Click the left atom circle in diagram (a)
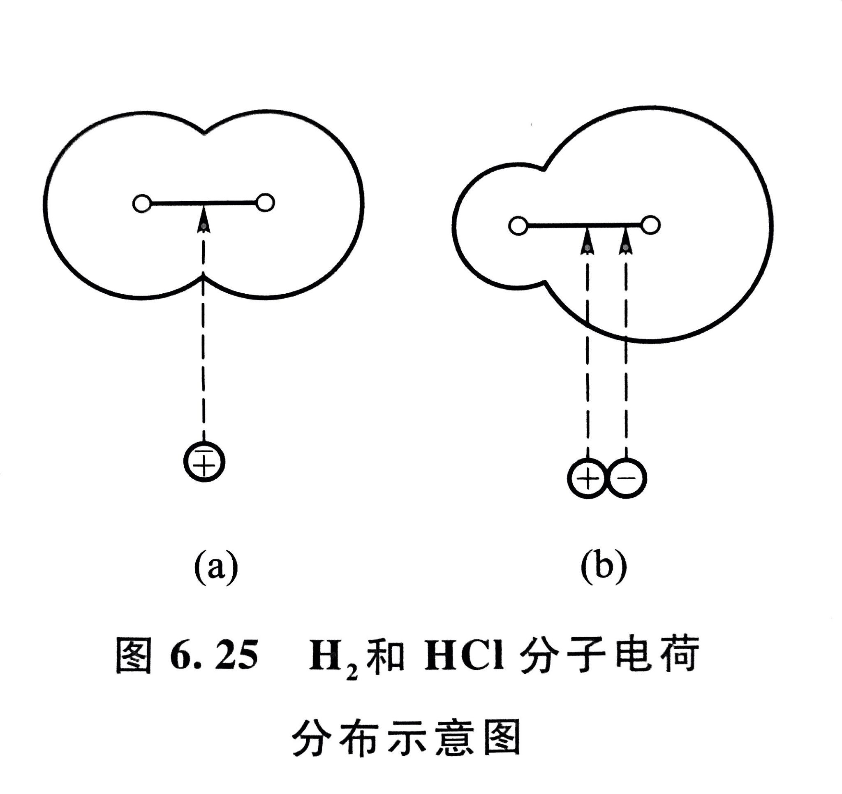click(142, 204)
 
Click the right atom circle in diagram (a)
click(266, 203)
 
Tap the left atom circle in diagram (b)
click(518, 225)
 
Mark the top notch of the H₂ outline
click(205, 132)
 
